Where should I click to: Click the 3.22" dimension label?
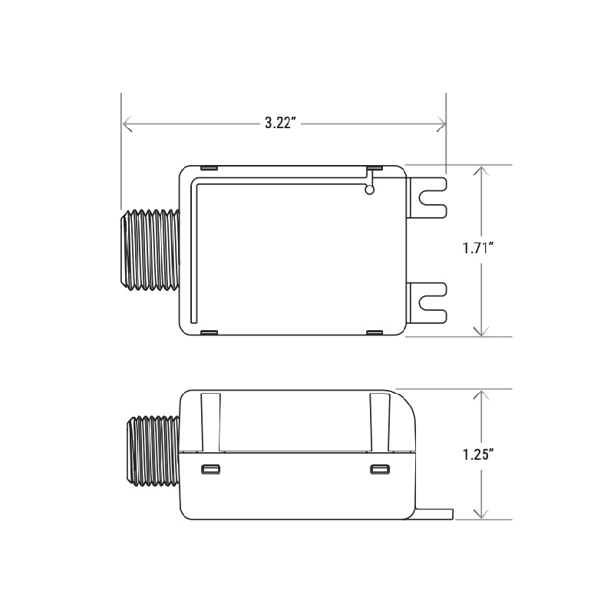[281, 124]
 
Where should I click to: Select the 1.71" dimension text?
[477, 249]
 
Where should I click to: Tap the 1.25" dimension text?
[477, 453]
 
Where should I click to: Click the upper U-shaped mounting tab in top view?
[428, 197]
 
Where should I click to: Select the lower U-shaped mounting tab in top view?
[428, 302]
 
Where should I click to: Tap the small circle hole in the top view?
[370, 191]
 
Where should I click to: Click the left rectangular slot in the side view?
[210, 469]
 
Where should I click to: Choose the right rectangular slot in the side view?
[378, 469]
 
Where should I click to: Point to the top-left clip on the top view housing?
[209, 167]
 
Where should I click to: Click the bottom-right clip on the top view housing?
[375, 332]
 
